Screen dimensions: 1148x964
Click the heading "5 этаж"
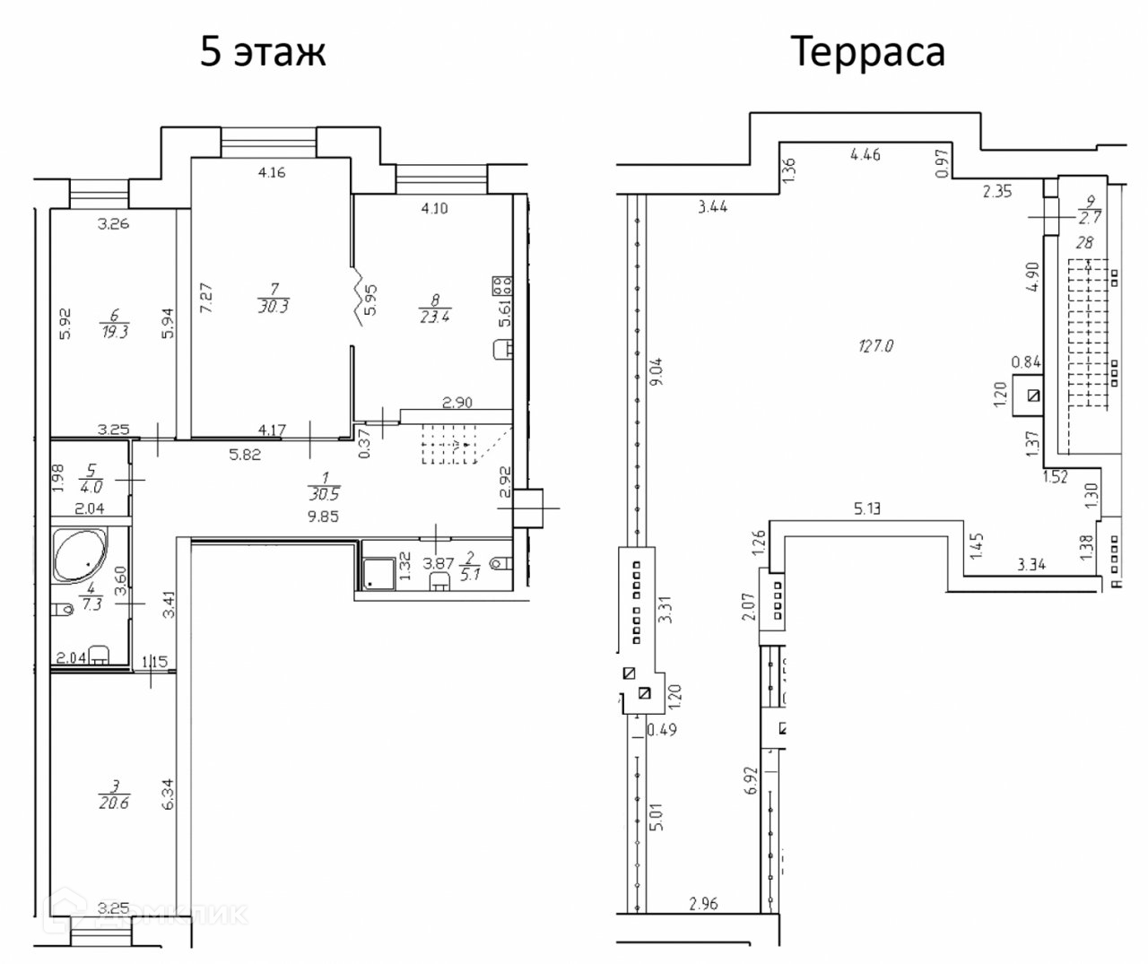(x=263, y=52)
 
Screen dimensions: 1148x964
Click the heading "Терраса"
(x=867, y=52)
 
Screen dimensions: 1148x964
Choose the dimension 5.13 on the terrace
(x=867, y=511)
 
